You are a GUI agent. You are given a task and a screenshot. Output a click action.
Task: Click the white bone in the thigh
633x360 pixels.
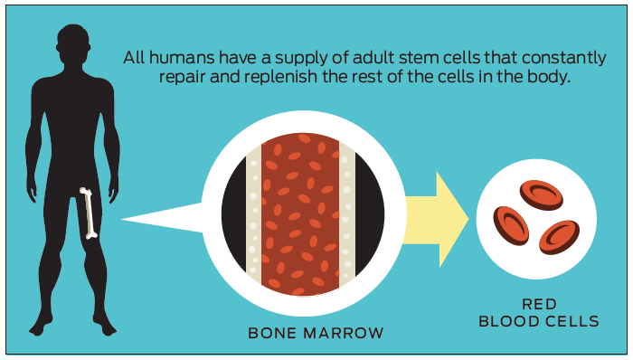pyautogui.click(x=89, y=213)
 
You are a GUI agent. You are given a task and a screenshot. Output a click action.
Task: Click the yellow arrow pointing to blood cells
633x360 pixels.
pyautogui.click(x=435, y=219)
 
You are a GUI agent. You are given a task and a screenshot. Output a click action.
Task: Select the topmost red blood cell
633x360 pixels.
pyautogui.click(x=541, y=195)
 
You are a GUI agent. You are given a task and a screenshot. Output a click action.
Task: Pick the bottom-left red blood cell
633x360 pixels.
pyautogui.click(x=511, y=225)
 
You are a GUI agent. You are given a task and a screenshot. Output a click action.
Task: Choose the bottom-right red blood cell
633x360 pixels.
pyautogui.click(x=559, y=237)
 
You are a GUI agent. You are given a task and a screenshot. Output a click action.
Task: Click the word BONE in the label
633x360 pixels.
pyautogui.click(x=272, y=333)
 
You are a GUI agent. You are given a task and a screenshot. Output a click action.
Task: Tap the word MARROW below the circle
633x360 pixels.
pyautogui.click(x=344, y=333)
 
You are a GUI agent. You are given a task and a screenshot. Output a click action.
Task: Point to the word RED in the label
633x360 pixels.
pyautogui.click(x=539, y=304)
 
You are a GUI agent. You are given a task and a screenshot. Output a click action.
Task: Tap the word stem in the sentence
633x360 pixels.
pyautogui.click(x=419, y=58)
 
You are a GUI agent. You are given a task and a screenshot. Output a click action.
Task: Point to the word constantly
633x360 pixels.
pyautogui.click(x=563, y=59)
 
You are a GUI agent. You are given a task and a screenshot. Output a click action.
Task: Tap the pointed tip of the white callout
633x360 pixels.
pyautogui.click(x=121, y=219)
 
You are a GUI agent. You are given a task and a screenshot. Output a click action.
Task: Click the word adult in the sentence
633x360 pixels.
pyautogui.click(x=373, y=57)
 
